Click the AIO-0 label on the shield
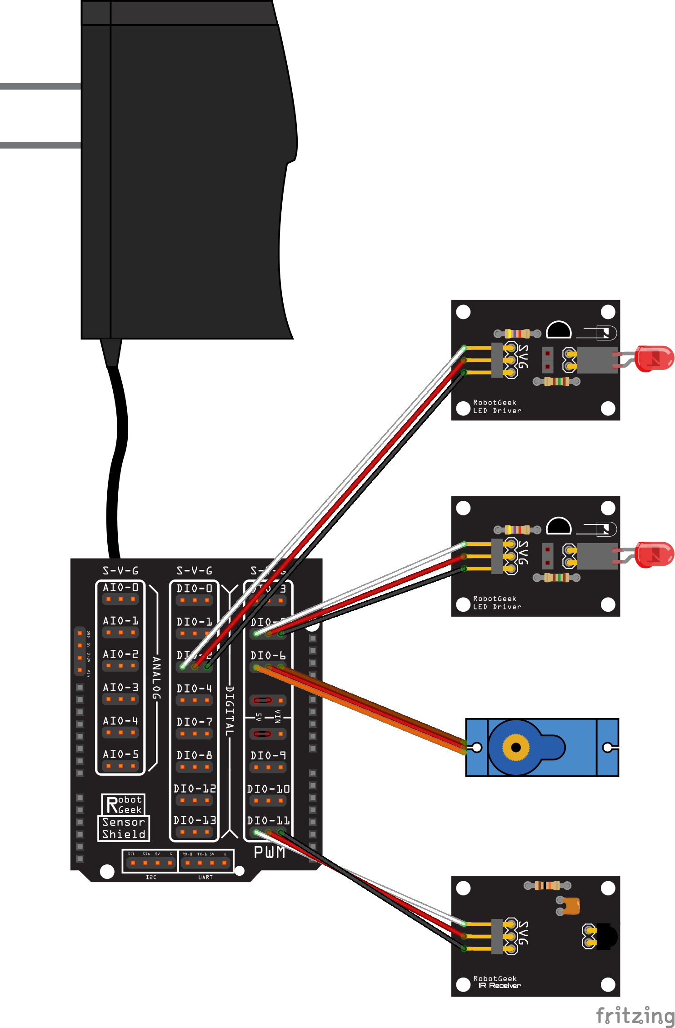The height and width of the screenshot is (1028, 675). [120, 587]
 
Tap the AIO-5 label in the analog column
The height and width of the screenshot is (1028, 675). [120, 754]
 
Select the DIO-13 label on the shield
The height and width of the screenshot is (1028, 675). [195, 820]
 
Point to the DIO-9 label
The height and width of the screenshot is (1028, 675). [268, 755]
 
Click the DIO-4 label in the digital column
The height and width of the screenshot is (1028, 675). [194, 689]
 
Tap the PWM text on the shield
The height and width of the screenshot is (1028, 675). [270, 853]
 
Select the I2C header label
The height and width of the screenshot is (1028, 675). [151, 877]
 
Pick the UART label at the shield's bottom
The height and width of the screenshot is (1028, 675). [205, 877]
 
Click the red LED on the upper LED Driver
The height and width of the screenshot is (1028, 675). [655, 359]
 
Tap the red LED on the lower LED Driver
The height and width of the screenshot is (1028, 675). [655, 554]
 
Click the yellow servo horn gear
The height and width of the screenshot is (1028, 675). [516, 747]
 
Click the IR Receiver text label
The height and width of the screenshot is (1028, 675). [499, 985]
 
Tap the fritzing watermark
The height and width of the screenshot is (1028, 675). [635, 1015]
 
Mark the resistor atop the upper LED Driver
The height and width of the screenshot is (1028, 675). [517, 334]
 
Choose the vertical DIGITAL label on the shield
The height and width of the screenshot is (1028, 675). [230, 711]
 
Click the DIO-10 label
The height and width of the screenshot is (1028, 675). [268, 788]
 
